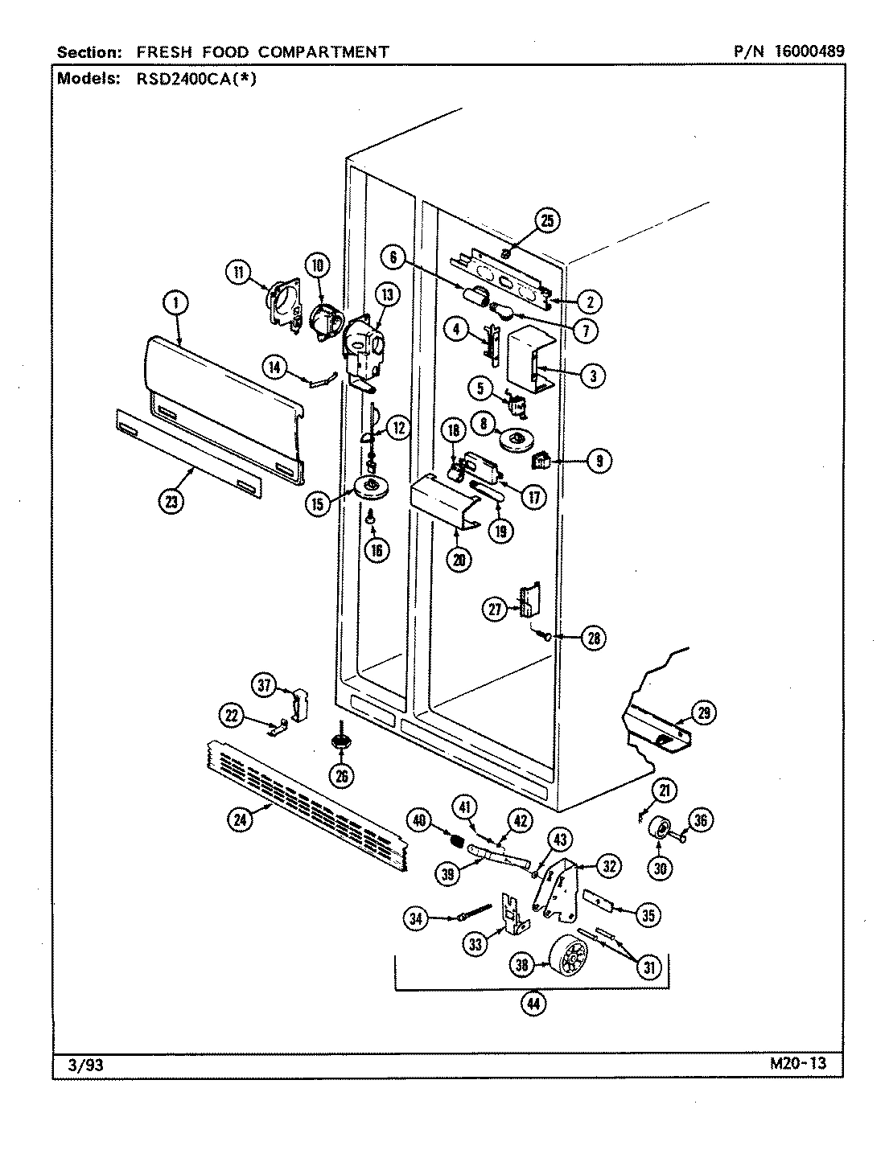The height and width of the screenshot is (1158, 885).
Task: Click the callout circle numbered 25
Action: coord(547,220)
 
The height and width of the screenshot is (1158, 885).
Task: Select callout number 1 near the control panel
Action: coord(175,303)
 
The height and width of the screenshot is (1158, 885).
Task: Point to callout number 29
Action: coord(703,713)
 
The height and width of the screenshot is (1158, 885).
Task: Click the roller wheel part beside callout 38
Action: coord(569,959)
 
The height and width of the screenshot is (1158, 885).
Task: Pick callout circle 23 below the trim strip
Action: coord(171,501)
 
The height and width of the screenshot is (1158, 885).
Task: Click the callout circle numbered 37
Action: coord(265,685)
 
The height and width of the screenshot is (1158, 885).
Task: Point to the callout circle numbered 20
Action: coord(458,560)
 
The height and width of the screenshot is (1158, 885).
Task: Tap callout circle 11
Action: coord(238,273)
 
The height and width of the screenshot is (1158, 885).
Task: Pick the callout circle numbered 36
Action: coord(702,820)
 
